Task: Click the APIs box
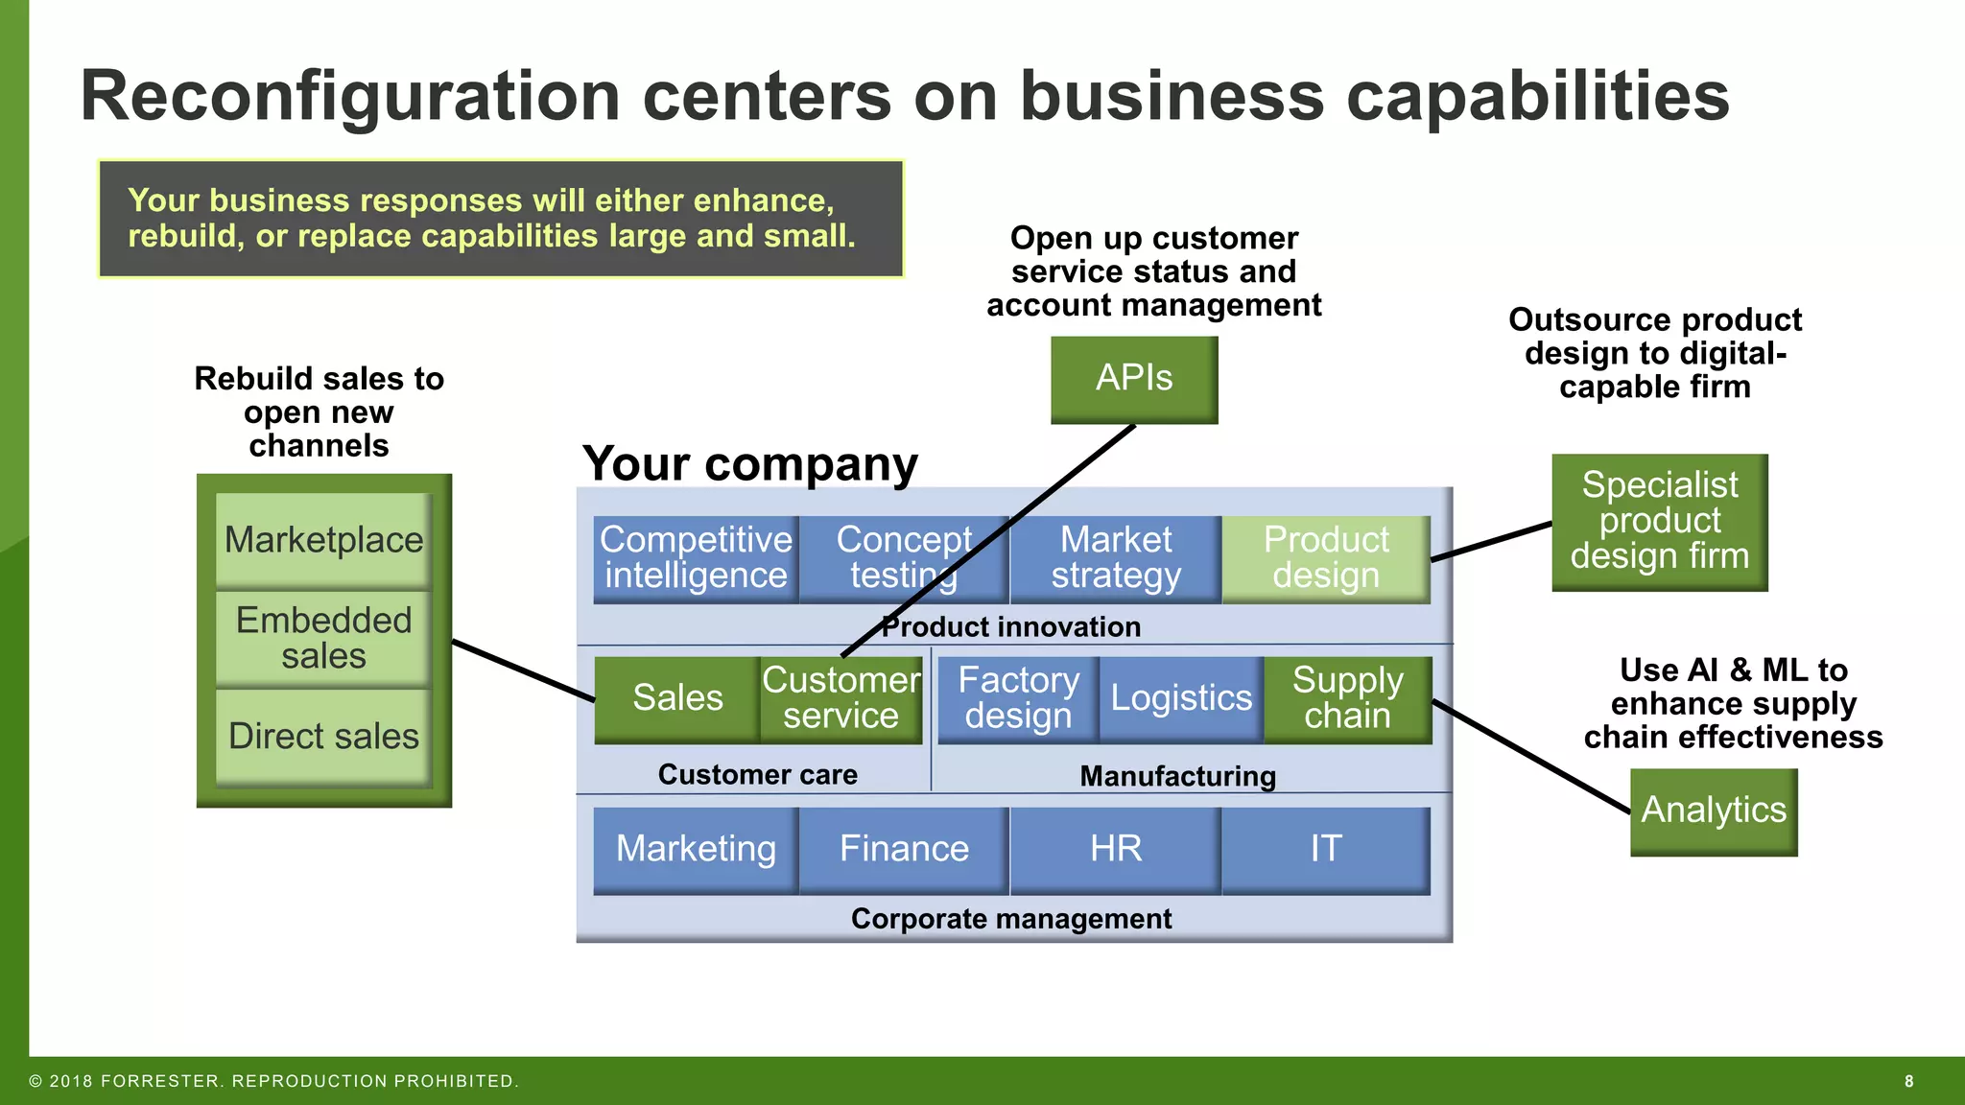1134,379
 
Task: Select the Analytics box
1714,811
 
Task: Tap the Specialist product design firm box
1659,522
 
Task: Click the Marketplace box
323,540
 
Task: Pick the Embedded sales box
323,638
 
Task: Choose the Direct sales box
323,737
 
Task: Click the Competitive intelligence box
696,558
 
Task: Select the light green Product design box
1326,558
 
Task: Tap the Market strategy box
1115,558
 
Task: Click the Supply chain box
1347,698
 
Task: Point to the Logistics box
1181,698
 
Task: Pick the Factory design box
1018,698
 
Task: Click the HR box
1115,850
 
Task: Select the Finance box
904,850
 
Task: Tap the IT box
1326,850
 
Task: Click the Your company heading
749,464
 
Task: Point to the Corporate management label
1011,919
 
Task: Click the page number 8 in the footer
1908,1082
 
